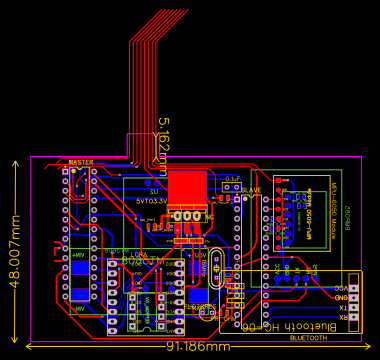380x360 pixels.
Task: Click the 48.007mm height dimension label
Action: [14, 250]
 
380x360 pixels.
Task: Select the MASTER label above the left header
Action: [80, 162]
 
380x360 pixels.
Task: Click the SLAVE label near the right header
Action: [251, 190]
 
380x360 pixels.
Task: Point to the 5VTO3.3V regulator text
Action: [151, 200]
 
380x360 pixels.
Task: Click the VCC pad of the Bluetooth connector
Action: [354, 287]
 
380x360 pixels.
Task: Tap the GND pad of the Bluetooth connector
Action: [354, 297]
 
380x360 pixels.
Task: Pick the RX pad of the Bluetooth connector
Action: [354, 318]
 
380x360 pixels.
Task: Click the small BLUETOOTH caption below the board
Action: [308, 338]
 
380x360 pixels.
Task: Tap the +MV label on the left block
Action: [79, 255]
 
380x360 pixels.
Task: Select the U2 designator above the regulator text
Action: [154, 191]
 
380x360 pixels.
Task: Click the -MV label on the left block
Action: [79, 309]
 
